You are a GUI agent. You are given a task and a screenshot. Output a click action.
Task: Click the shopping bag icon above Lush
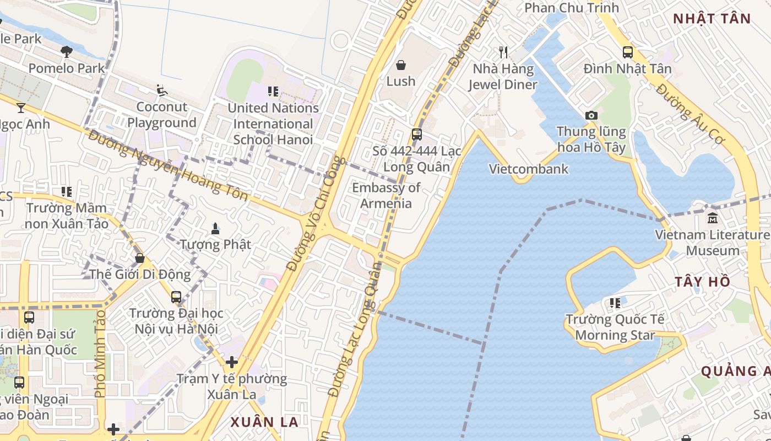click(401, 65)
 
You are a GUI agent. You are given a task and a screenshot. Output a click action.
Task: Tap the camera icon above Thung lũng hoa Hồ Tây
click(591, 115)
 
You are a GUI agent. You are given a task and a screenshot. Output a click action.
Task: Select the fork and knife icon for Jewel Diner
click(503, 52)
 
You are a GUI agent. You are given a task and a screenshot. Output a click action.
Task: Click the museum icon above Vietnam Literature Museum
click(713, 218)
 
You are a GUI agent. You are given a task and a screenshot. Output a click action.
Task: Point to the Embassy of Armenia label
click(386, 196)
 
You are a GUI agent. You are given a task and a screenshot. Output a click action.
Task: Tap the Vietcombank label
click(529, 169)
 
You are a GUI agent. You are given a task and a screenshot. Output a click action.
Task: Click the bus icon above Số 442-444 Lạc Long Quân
click(417, 135)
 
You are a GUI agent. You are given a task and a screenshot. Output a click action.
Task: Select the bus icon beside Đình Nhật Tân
click(628, 52)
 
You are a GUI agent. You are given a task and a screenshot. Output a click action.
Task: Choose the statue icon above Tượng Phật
click(215, 228)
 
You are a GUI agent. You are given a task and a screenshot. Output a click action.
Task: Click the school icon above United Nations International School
click(273, 92)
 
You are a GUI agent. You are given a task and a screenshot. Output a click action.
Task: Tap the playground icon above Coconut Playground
click(161, 90)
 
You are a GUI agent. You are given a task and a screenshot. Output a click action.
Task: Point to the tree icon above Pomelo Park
click(67, 52)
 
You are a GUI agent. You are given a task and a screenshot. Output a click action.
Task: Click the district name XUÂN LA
click(264, 422)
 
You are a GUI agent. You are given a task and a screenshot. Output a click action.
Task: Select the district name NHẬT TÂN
click(712, 19)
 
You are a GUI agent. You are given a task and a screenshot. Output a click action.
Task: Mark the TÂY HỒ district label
click(703, 282)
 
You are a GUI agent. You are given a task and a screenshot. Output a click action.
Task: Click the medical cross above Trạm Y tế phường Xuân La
click(232, 362)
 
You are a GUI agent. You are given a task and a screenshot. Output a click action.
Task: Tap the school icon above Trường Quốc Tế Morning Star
click(615, 303)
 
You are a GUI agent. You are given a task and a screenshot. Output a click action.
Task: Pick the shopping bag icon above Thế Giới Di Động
click(140, 258)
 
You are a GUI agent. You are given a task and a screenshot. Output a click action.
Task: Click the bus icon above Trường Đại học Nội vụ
click(176, 297)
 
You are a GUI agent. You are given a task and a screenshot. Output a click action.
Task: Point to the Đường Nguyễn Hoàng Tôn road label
click(168, 165)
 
